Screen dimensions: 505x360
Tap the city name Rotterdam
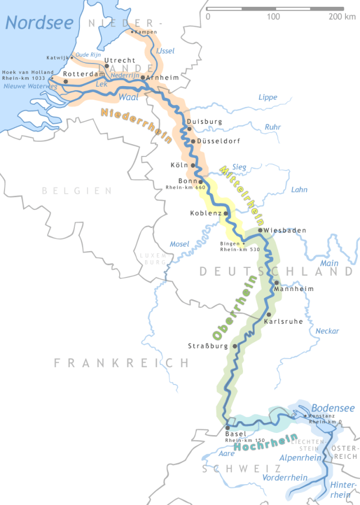(84, 74)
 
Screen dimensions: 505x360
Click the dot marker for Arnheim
(143, 78)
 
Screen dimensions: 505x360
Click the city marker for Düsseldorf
(193, 141)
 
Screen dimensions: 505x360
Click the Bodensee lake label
(333, 408)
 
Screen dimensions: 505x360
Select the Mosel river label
(180, 244)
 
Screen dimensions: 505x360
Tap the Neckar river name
(327, 331)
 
